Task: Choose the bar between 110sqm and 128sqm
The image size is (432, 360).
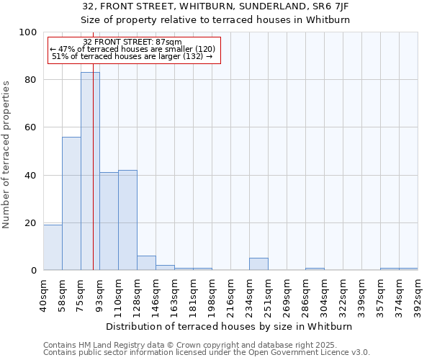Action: click(x=127, y=220)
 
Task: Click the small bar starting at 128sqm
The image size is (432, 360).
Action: click(x=146, y=263)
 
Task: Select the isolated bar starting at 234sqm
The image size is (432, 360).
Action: click(x=258, y=264)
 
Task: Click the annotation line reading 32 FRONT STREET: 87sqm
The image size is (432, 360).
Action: click(x=132, y=42)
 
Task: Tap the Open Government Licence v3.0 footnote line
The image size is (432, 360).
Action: click(x=207, y=353)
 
